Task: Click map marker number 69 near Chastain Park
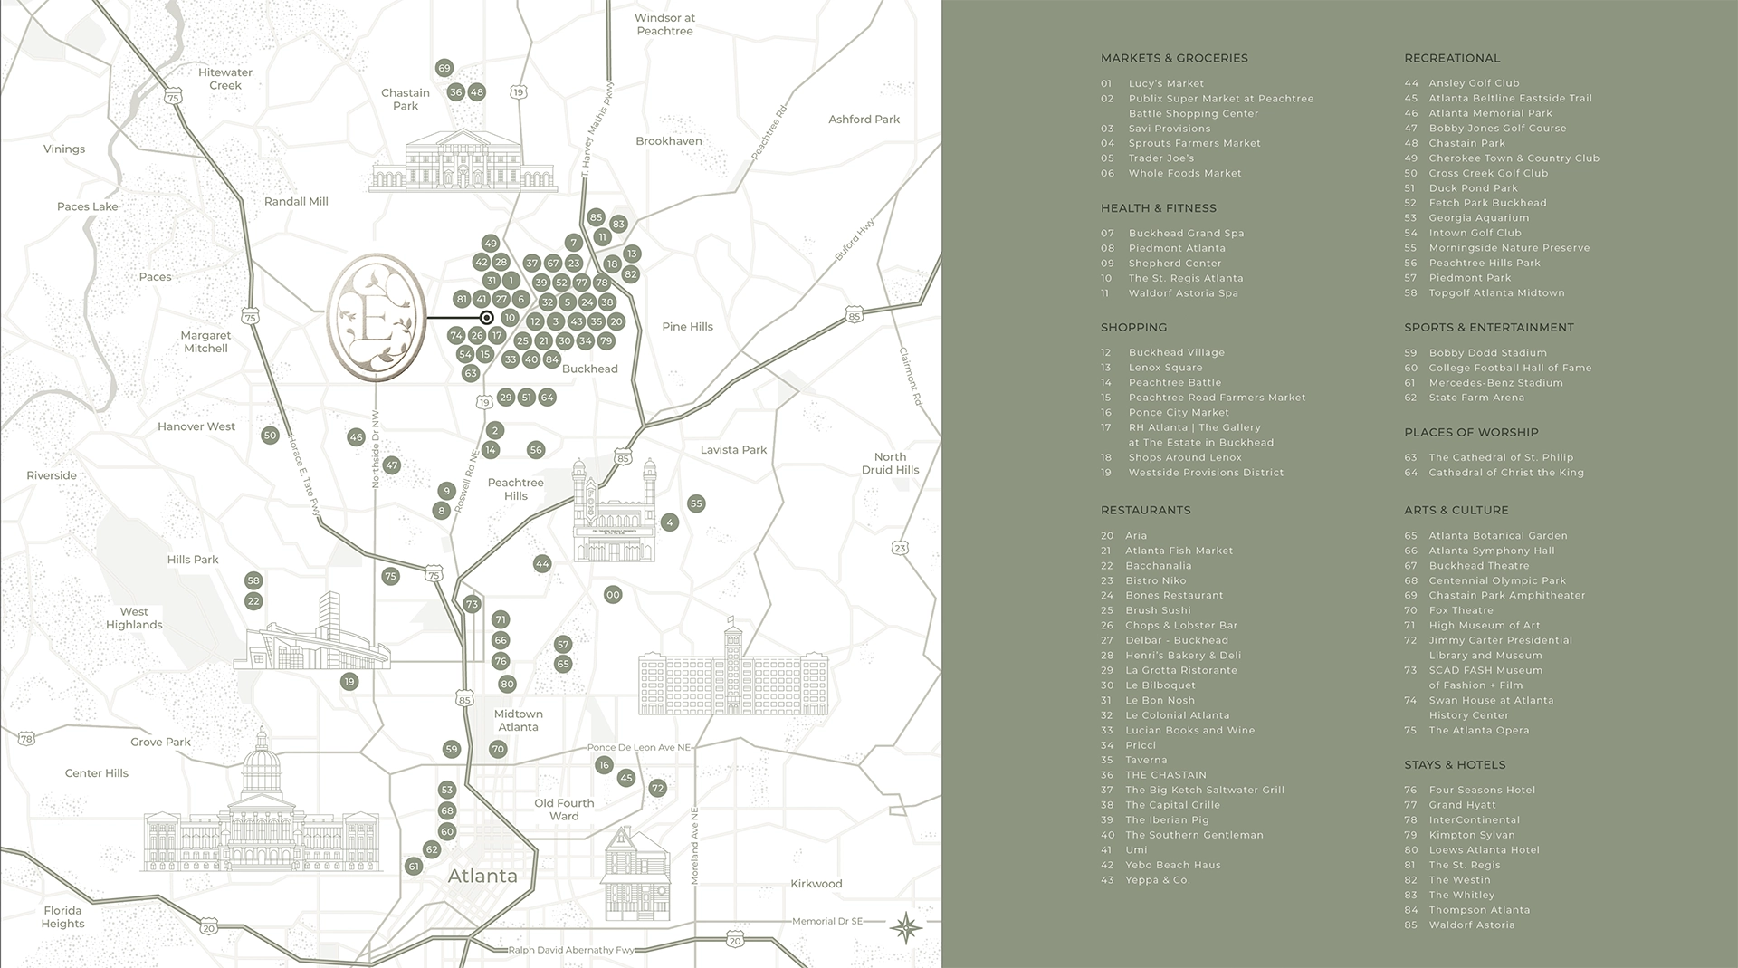(444, 68)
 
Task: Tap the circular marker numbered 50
(270, 436)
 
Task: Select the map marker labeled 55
(695, 503)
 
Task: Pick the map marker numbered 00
(613, 595)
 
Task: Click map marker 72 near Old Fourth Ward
(657, 789)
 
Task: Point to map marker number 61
(414, 867)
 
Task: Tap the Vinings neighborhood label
(64, 149)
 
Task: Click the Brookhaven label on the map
(668, 141)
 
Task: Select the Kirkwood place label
(816, 884)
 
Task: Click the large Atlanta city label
(482, 877)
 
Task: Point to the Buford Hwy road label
(855, 241)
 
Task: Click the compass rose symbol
(906, 928)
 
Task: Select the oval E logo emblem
(376, 317)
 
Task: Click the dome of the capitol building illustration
(262, 760)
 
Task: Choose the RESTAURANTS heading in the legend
(1145, 511)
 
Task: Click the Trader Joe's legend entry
(1160, 158)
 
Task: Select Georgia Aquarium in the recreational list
(1478, 218)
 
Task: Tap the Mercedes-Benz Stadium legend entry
(1495, 383)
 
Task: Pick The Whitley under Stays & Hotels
(1461, 896)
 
